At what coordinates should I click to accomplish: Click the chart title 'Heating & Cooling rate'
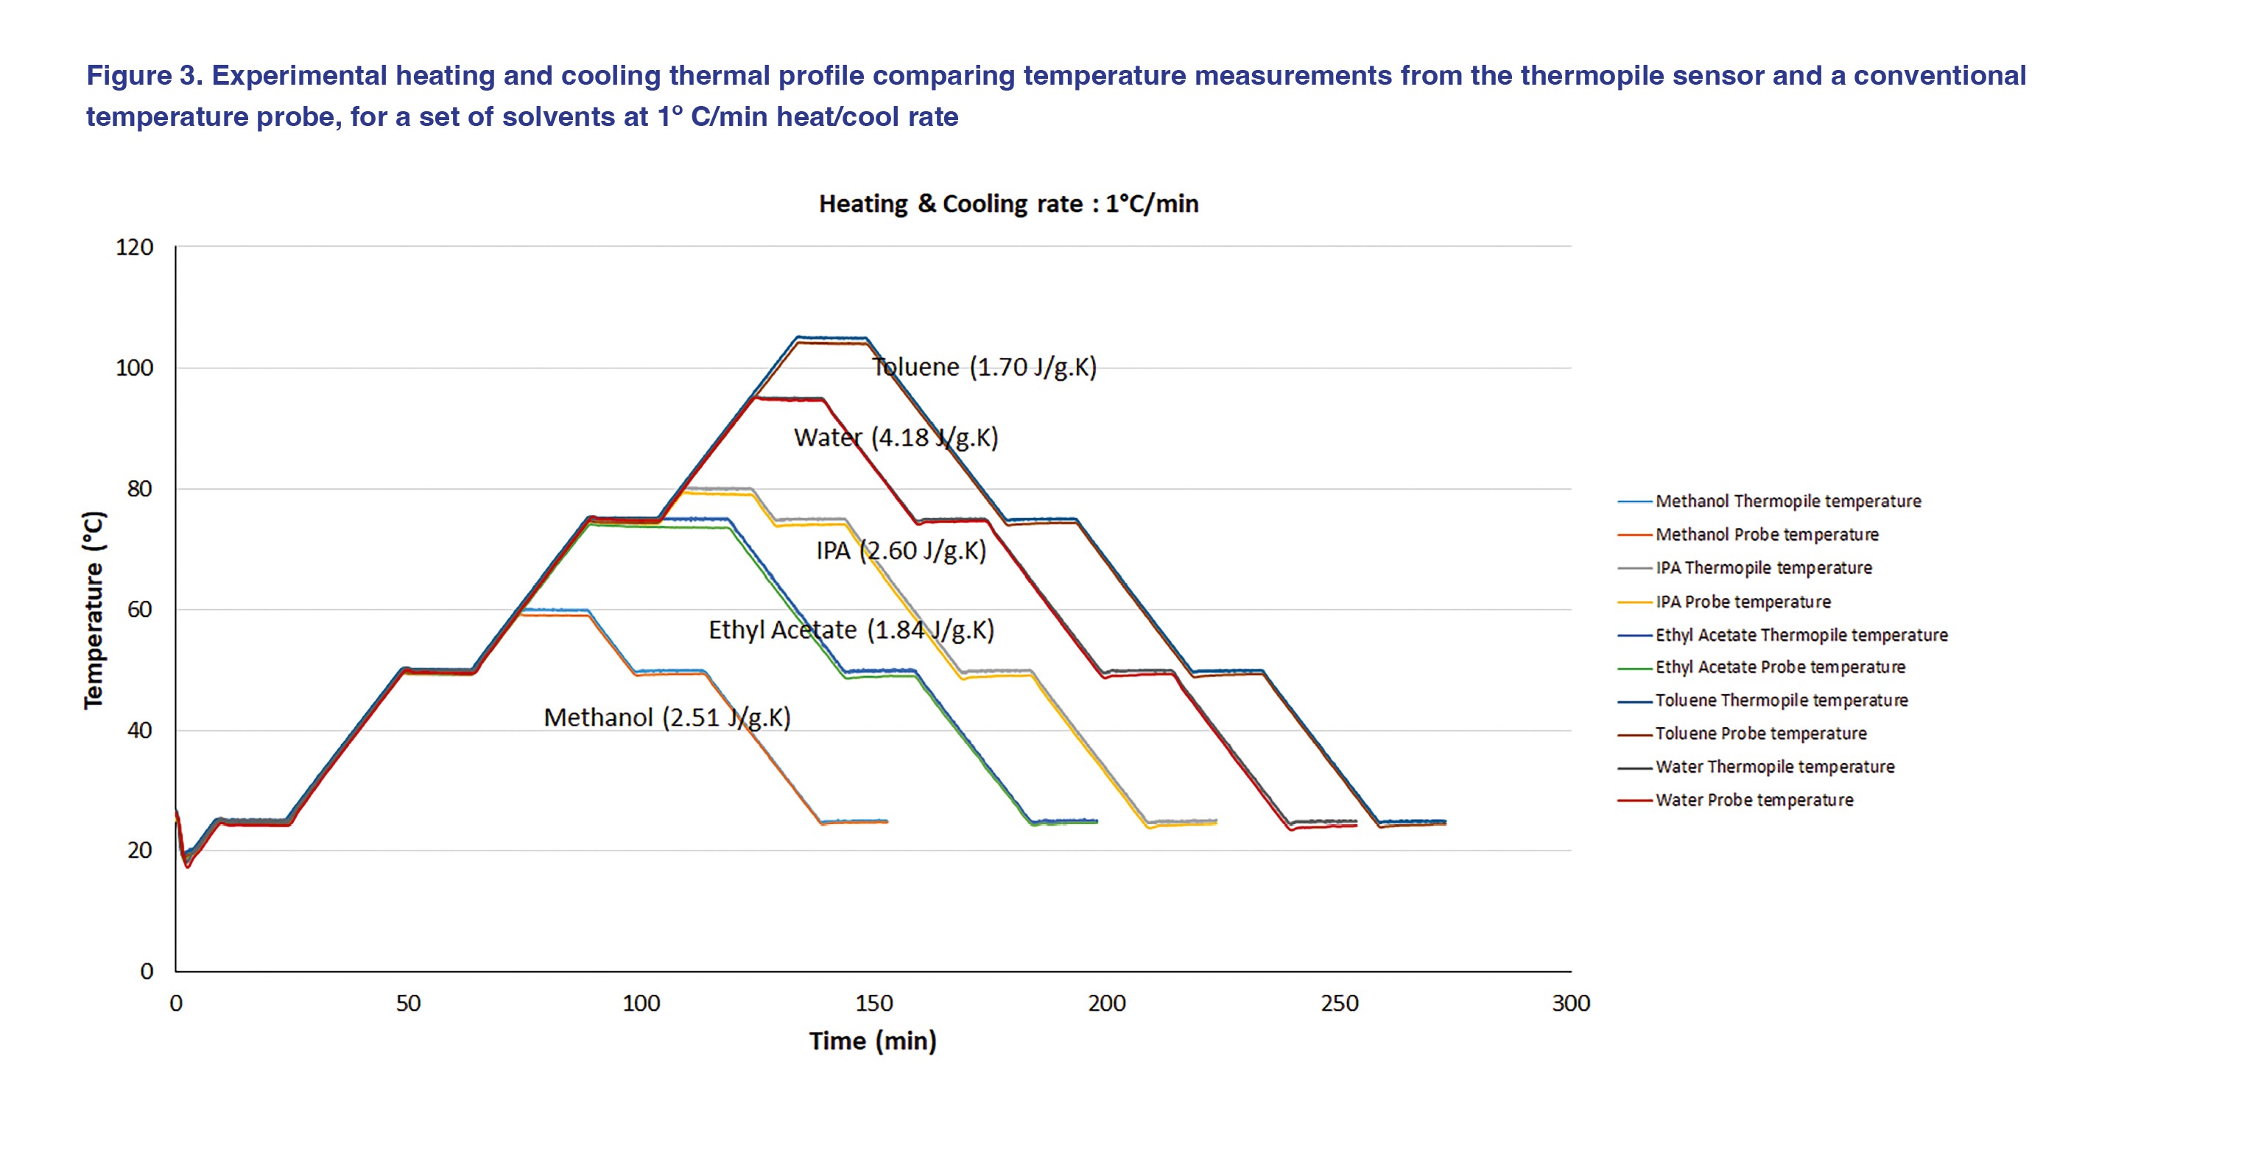pyautogui.click(x=1008, y=203)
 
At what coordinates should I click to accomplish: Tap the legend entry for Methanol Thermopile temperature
pyautogui.click(x=1787, y=501)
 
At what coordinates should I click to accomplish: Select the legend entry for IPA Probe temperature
pyautogui.click(x=1743, y=602)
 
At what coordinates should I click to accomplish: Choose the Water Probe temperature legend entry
pyautogui.click(x=1754, y=801)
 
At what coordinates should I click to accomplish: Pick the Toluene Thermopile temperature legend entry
pyautogui.click(x=1781, y=700)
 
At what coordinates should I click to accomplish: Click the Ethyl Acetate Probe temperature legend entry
pyautogui.click(x=1779, y=668)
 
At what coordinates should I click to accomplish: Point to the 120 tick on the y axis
pyautogui.click(x=134, y=247)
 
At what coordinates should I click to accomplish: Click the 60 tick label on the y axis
pyautogui.click(x=139, y=609)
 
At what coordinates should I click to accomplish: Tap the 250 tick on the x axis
pyautogui.click(x=1338, y=1003)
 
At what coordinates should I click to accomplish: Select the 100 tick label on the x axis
pyautogui.click(x=641, y=1003)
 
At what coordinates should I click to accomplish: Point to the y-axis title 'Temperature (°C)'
pyautogui.click(x=93, y=609)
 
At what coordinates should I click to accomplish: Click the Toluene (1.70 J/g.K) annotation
pyautogui.click(x=984, y=367)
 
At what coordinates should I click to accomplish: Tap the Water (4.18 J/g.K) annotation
pyautogui.click(x=896, y=437)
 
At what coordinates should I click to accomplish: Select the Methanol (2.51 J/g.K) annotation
pyautogui.click(x=667, y=718)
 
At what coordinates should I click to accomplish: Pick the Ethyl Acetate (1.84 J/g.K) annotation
pyautogui.click(x=851, y=630)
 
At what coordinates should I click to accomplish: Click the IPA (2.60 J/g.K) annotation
pyautogui.click(x=901, y=551)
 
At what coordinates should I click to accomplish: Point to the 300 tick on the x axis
pyautogui.click(x=1570, y=1003)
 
